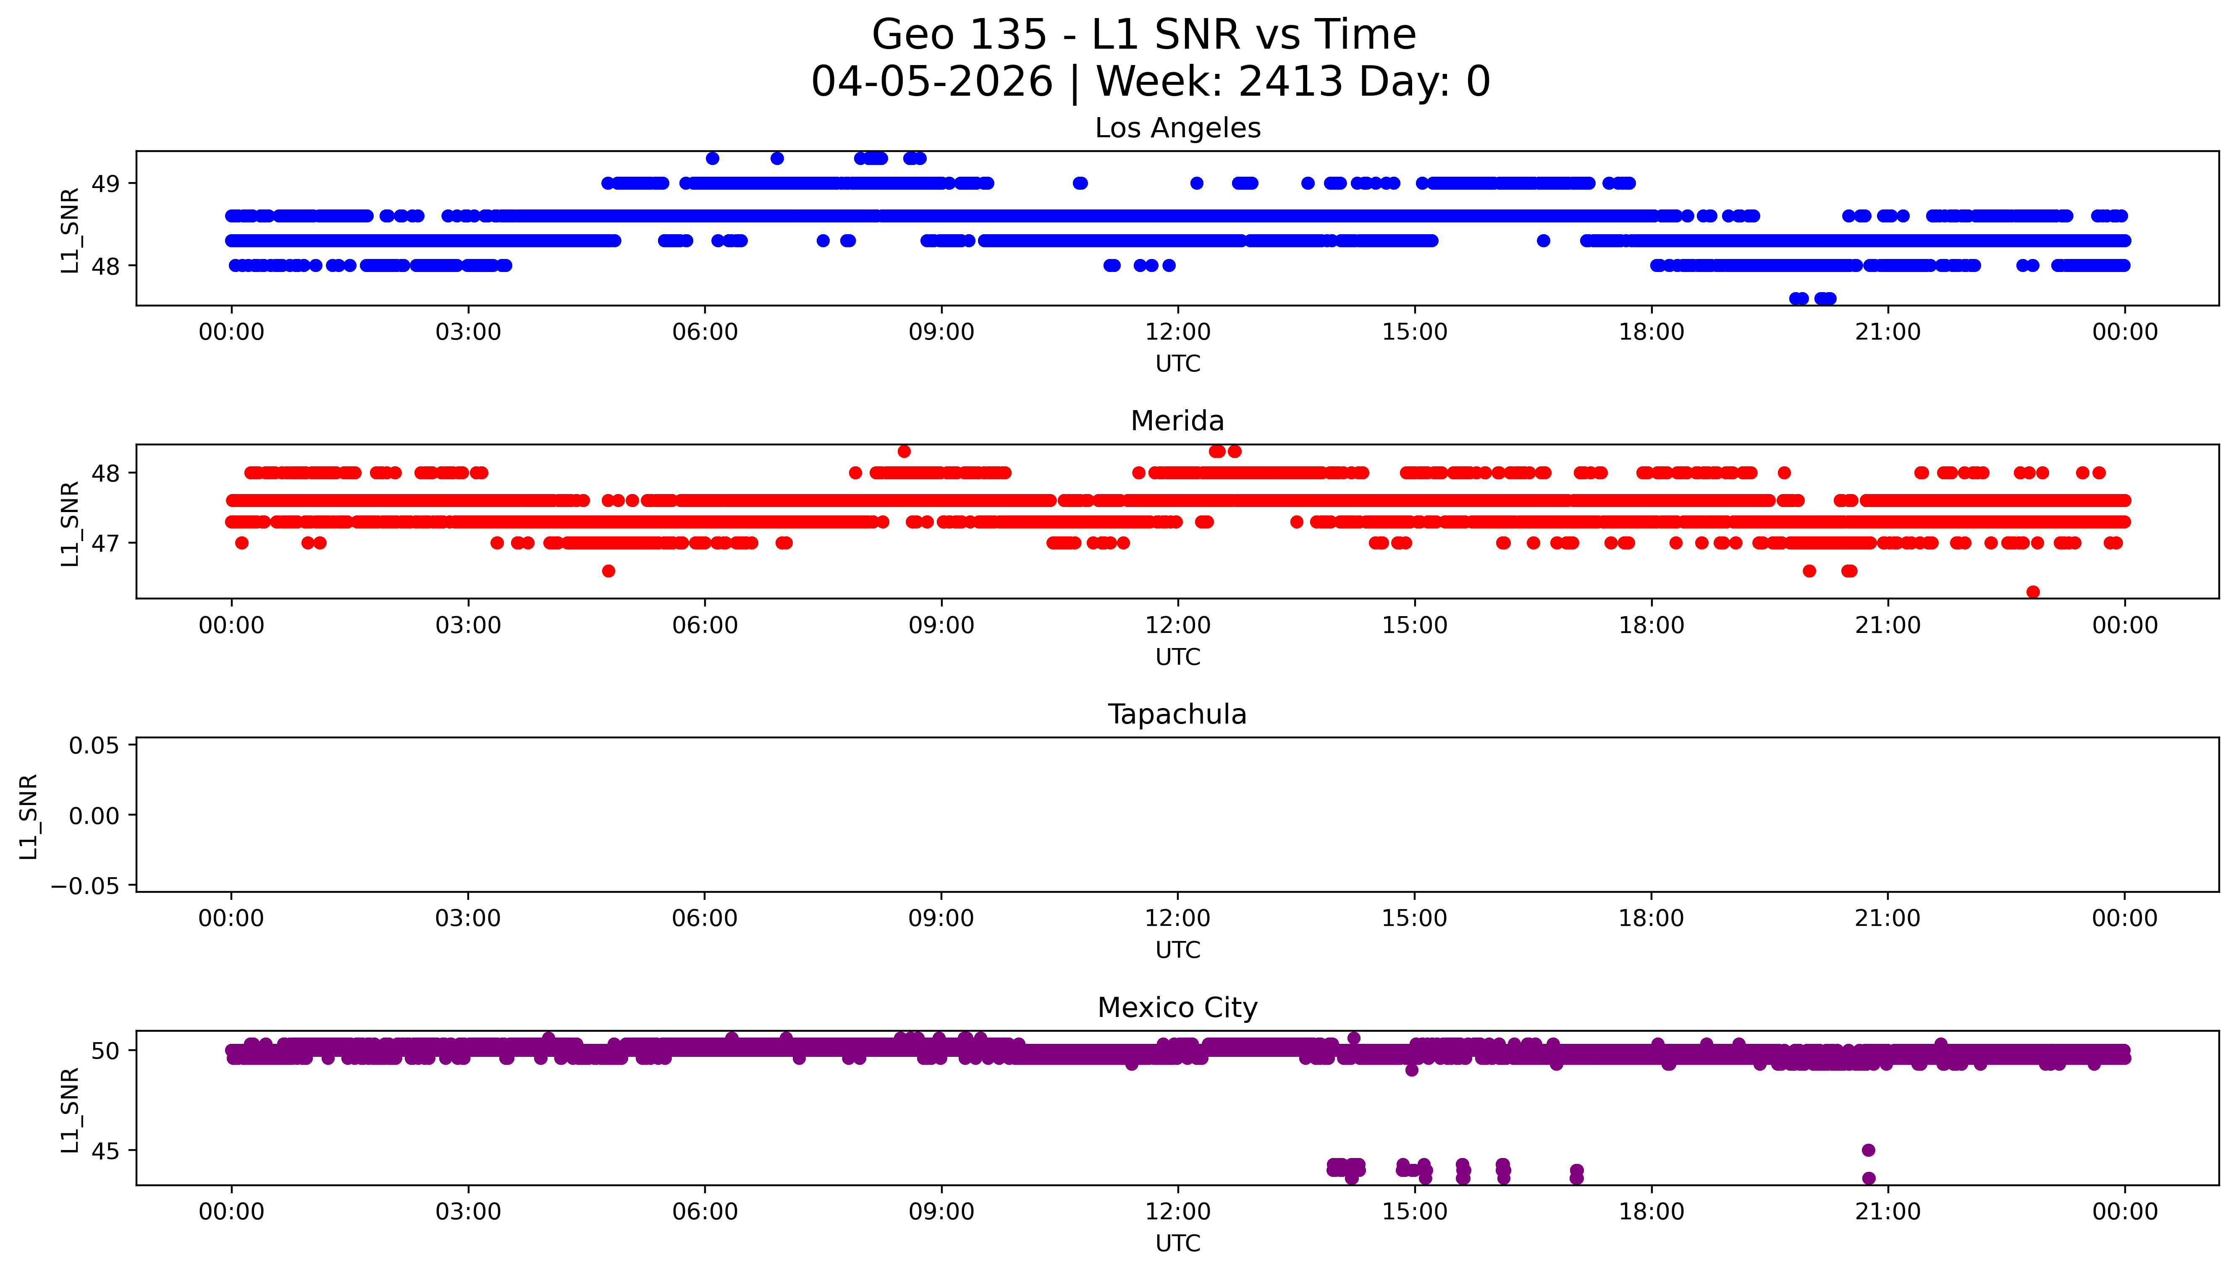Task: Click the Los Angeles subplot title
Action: (1177, 128)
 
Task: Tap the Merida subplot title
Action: (1177, 421)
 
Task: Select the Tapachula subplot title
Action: (1177, 714)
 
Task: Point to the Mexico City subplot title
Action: (1177, 1008)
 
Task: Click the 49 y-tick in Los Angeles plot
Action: (106, 183)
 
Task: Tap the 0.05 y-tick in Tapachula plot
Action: (94, 746)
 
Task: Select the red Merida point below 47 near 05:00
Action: (608, 571)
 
